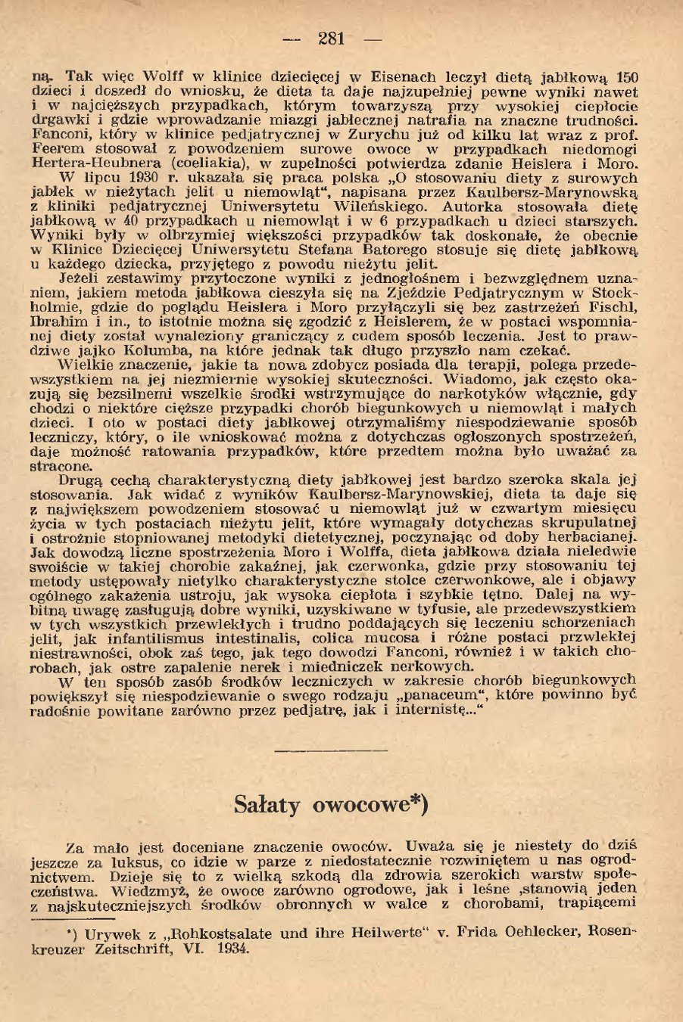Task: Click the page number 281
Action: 332,39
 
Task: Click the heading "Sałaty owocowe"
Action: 332,803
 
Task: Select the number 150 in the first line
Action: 627,77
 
